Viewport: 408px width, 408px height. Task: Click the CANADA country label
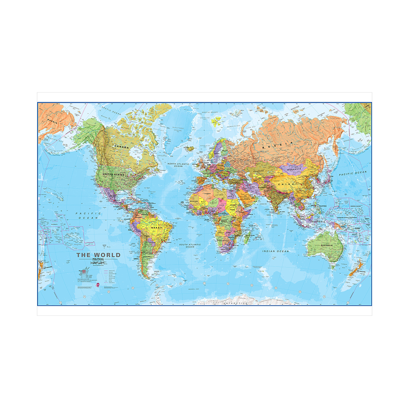pyautogui.click(x=121, y=146)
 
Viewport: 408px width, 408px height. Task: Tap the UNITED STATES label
pyautogui.click(x=114, y=174)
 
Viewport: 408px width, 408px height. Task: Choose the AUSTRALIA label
pyautogui.click(x=326, y=245)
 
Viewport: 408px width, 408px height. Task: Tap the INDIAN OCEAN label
pyautogui.click(x=276, y=251)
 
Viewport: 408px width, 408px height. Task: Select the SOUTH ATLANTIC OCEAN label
pyautogui.click(x=190, y=245)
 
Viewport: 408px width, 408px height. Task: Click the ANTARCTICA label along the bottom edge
pyautogui.click(x=235, y=303)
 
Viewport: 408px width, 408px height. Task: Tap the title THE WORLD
pyautogui.click(x=99, y=255)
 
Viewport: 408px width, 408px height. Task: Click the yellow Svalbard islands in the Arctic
pyautogui.click(x=216, y=120)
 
